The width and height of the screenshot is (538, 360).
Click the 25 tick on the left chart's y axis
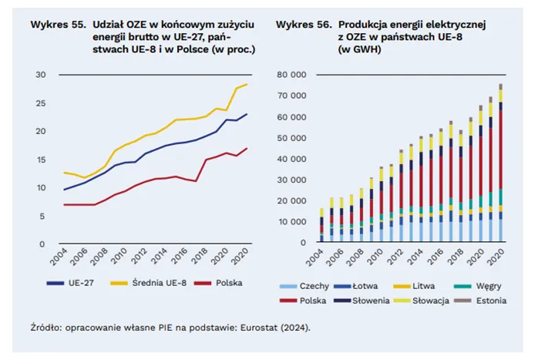tap(41, 103)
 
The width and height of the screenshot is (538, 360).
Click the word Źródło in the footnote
tap(47, 328)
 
